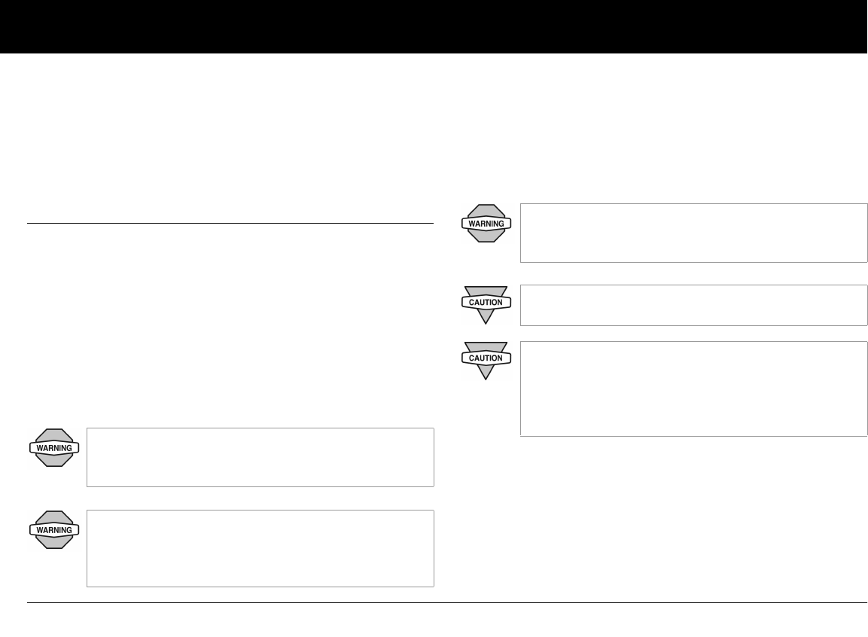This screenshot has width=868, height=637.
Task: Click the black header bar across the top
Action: (434, 26)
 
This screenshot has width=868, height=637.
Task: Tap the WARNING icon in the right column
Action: (486, 223)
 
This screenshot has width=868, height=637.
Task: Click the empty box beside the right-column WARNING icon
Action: (693, 233)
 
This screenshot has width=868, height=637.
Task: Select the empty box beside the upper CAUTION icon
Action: (693, 305)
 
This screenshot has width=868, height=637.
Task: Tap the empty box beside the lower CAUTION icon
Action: (693, 389)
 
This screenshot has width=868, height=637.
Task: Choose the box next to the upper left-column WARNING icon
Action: (260, 457)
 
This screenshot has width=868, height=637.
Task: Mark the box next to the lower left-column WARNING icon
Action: (260, 548)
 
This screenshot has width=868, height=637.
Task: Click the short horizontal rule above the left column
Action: (230, 223)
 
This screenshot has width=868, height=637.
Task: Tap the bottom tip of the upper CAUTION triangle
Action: (486, 322)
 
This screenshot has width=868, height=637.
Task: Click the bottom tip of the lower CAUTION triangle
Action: (486, 378)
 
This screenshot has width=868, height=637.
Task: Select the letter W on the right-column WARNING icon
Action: (471, 224)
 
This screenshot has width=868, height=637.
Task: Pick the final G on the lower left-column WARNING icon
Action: (69, 530)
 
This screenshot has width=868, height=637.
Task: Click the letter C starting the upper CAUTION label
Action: (472, 302)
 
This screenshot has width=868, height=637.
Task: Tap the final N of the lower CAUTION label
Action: (500, 358)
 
